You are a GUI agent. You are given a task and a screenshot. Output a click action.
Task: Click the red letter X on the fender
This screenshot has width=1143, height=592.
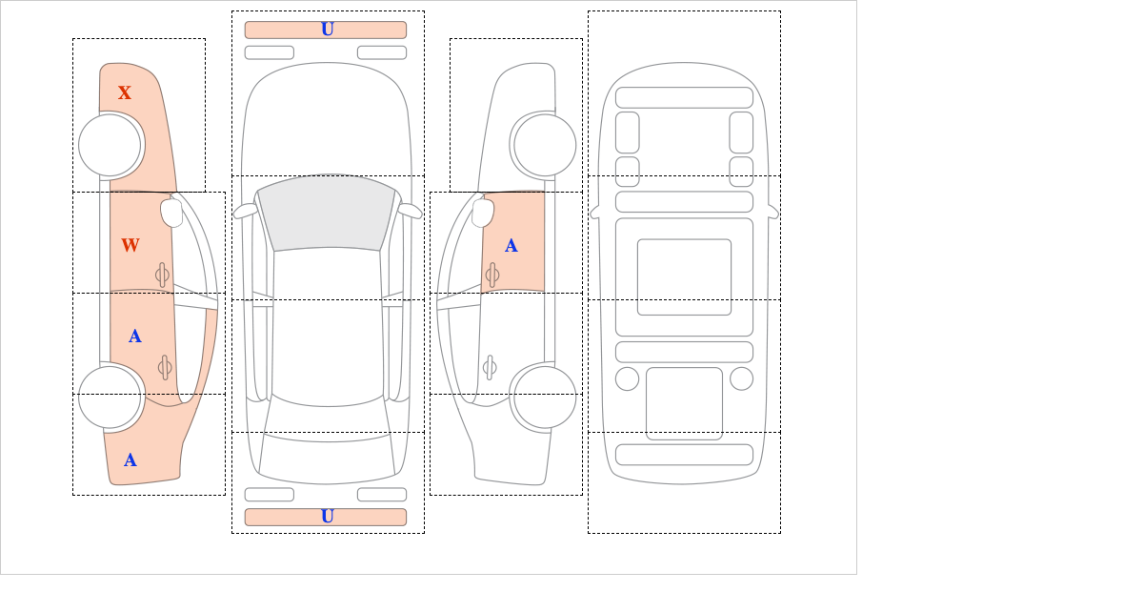(x=125, y=92)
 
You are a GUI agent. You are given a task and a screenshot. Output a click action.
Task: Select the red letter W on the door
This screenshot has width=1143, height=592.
(x=130, y=245)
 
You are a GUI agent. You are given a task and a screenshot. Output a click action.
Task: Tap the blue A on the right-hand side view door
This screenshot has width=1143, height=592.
(x=511, y=246)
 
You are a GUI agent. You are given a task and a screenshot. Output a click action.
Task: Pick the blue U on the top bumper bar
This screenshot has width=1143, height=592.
(x=328, y=30)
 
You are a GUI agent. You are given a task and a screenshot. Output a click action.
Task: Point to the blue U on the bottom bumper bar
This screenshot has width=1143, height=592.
(x=328, y=517)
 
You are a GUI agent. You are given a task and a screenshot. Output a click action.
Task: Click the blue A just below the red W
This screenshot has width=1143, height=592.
(x=134, y=337)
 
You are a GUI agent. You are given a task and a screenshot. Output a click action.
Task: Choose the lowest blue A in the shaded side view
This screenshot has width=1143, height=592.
(x=130, y=460)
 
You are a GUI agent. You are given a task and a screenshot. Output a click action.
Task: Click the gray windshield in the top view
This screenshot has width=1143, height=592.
(x=327, y=213)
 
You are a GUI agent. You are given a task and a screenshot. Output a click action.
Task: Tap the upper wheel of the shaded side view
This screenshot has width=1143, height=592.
(x=110, y=145)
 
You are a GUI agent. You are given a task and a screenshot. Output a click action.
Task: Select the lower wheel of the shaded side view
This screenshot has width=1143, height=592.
(x=110, y=397)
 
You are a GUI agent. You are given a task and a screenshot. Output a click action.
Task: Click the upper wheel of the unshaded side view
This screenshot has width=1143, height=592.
(x=545, y=145)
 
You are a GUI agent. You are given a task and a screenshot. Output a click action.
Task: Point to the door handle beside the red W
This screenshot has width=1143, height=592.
(x=162, y=275)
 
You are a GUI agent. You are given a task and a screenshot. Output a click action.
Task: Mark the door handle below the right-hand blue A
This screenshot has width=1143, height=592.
(x=490, y=367)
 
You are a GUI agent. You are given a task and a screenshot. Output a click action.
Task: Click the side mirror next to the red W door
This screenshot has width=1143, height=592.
(x=171, y=213)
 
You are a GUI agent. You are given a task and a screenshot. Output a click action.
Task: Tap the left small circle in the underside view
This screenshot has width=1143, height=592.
(x=627, y=379)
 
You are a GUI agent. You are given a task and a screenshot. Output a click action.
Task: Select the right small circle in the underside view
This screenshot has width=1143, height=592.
(x=741, y=379)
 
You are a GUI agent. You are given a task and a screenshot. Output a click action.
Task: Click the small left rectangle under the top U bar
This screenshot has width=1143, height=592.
(x=270, y=52)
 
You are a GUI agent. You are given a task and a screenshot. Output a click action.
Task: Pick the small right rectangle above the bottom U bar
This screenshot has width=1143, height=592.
(x=382, y=495)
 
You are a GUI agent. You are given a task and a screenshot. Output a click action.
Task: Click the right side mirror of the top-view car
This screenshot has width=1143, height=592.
(x=410, y=211)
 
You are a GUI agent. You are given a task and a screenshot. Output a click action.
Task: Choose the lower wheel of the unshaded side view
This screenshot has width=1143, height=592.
(x=545, y=397)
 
